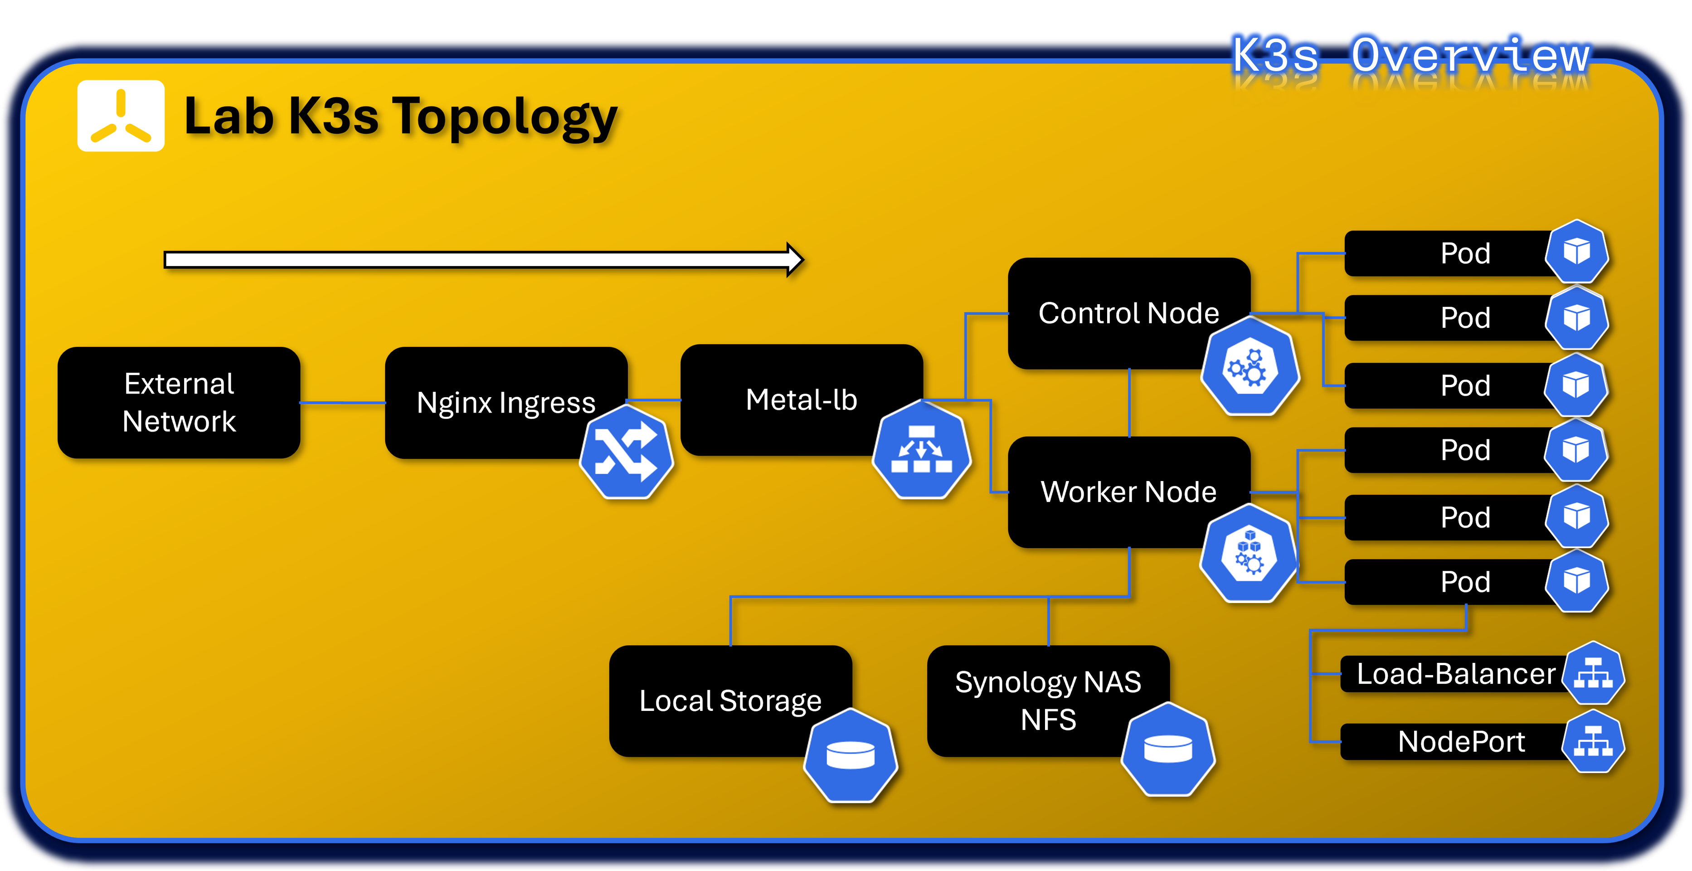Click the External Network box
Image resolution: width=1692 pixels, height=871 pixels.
point(179,402)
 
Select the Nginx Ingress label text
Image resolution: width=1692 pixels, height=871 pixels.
point(506,402)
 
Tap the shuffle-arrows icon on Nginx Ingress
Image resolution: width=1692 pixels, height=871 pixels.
point(626,452)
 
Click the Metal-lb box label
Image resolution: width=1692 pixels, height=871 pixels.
point(801,399)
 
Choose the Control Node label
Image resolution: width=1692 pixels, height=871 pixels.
point(1128,313)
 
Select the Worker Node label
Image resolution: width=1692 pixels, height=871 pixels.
point(1128,491)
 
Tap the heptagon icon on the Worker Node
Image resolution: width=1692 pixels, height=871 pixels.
point(1248,554)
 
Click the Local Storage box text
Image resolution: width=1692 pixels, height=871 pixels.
point(730,700)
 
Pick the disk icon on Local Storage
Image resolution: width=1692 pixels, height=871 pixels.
point(851,755)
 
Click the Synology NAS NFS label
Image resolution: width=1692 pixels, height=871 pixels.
point(1048,700)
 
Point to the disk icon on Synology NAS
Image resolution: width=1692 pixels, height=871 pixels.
point(1168,749)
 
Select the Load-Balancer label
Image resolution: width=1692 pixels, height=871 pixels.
point(1455,674)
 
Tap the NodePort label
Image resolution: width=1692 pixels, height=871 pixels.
point(1461,742)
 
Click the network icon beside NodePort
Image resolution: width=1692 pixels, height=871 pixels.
point(1592,742)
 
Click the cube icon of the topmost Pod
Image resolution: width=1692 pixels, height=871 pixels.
point(1576,252)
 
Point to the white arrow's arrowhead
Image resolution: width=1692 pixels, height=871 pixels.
point(795,260)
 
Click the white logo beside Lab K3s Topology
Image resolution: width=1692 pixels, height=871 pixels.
point(121,116)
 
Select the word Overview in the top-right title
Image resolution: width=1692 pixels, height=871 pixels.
point(1470,55)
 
